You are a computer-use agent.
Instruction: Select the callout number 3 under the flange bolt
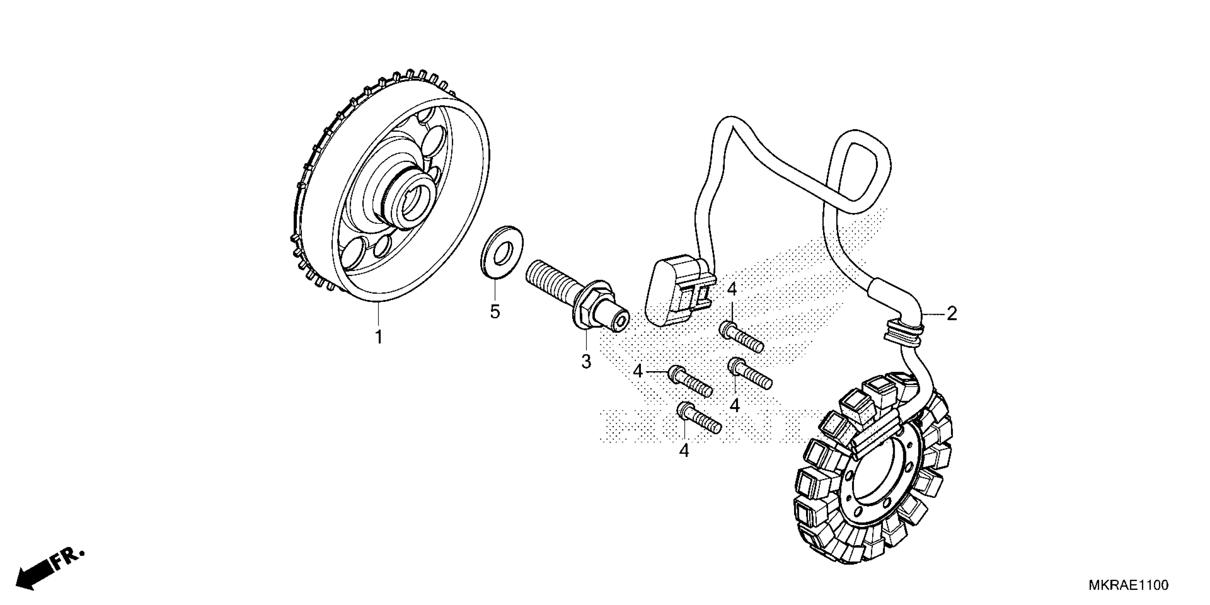pos(586,362)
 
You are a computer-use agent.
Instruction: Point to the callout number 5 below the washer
pos(495,311)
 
